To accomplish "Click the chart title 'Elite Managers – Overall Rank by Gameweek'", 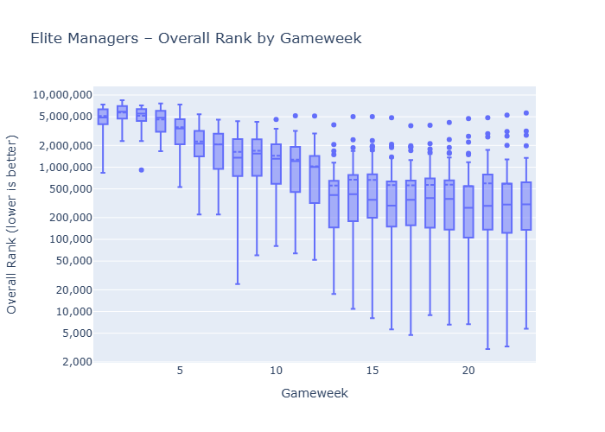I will pos(195,39).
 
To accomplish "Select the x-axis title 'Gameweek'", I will pos(315,393).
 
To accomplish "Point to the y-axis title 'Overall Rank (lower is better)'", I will pos(13,224).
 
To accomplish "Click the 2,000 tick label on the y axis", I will pos(72,362).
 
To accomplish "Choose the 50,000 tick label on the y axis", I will pos(67,261).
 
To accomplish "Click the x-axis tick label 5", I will pos(180,371).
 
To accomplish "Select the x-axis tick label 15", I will pos(373,371).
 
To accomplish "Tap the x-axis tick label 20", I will pos(468,371).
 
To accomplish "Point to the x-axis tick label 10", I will pos(276,371).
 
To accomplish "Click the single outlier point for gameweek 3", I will pos(141,169).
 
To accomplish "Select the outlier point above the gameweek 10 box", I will pos(276,119).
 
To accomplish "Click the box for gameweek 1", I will pos(103,117).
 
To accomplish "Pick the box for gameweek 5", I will pos(180,131).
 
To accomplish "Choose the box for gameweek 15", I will pos(373,195).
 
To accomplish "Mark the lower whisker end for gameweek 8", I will pos(238,283).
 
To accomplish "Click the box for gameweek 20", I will pos(468,212).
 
